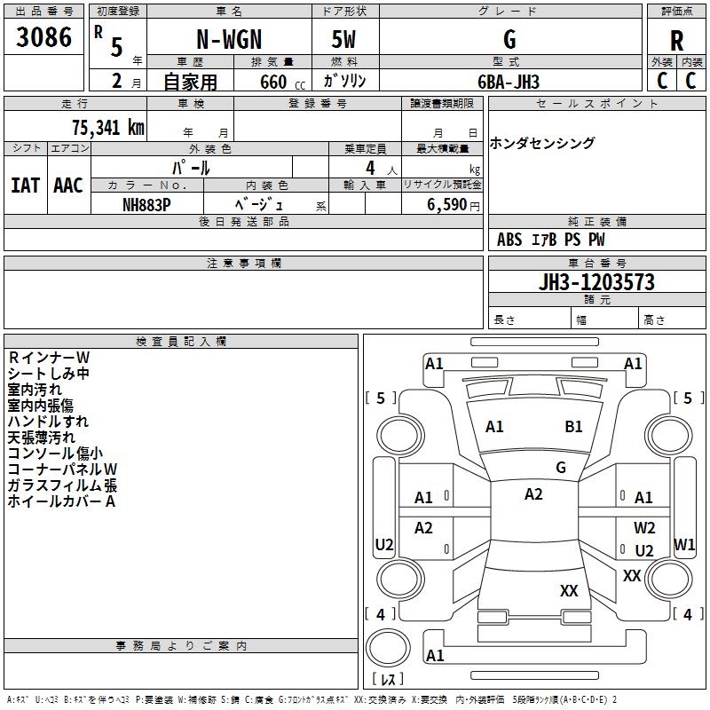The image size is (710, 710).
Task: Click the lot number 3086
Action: (43, 37)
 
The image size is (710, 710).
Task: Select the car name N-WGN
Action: (229, 39)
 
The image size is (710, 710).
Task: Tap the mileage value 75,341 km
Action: (108, 127)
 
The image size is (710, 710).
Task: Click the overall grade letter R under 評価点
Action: (676, 41)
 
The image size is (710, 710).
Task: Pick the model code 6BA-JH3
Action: (509, 82)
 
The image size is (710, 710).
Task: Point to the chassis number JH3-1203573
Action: (596, 282)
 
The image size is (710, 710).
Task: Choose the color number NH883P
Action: (146, 205)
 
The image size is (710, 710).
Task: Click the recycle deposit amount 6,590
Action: (446, 205)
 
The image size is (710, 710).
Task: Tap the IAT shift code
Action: (25, 185)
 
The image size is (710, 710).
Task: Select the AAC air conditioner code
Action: (68, 185)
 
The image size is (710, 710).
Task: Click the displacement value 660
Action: (273, 83)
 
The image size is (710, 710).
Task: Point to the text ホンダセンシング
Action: (541, 143)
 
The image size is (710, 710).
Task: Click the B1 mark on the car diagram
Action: (573, 427)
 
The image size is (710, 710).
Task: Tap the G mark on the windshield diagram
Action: (561, 468)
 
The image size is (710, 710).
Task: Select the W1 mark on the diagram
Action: (684, 544)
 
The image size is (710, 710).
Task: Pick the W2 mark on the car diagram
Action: (644, 527)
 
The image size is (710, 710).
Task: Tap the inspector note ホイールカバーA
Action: (61, 501)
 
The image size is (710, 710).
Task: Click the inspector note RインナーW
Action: (49, 358)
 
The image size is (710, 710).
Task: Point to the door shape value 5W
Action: (343, 39)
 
